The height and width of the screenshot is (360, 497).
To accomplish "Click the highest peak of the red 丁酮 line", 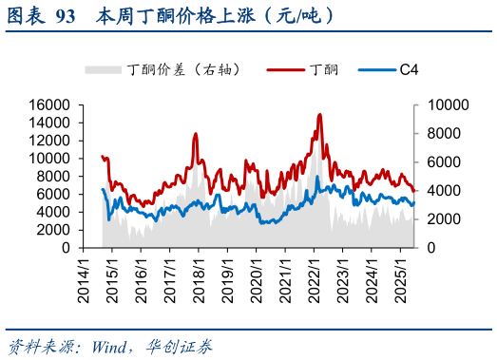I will [x=320, y=115].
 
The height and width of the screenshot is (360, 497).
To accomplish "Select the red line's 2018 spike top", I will [x=196, y=134].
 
